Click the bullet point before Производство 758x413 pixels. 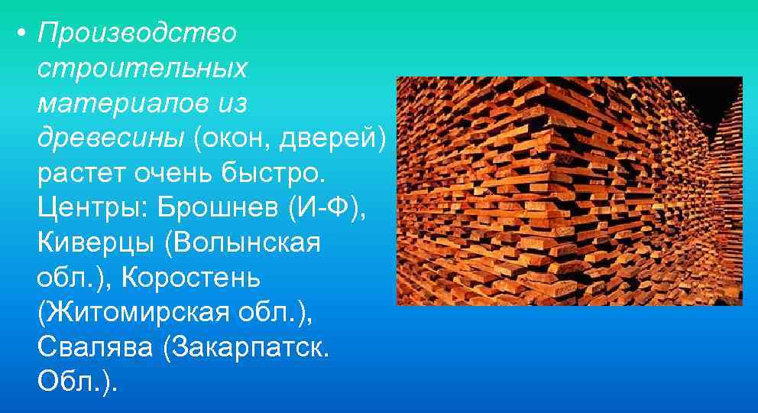24,34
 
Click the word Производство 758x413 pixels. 138,33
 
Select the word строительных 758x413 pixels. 142,67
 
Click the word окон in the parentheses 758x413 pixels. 228,138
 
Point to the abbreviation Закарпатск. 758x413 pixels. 249,348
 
